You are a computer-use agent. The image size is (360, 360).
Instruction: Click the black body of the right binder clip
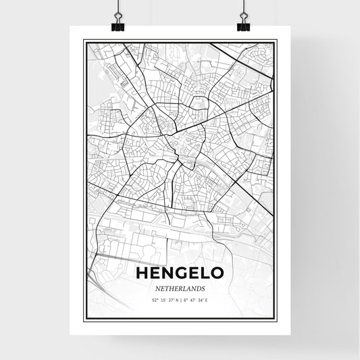click(243, 27)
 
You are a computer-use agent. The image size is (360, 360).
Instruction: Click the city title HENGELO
click(179, 273)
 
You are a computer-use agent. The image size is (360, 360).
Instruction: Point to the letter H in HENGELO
click(142, 273)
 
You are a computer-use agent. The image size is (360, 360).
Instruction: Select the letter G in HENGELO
click(179, 273)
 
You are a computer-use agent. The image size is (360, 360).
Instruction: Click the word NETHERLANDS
click(179, 287)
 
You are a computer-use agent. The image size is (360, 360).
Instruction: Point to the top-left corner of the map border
click(83, 41)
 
